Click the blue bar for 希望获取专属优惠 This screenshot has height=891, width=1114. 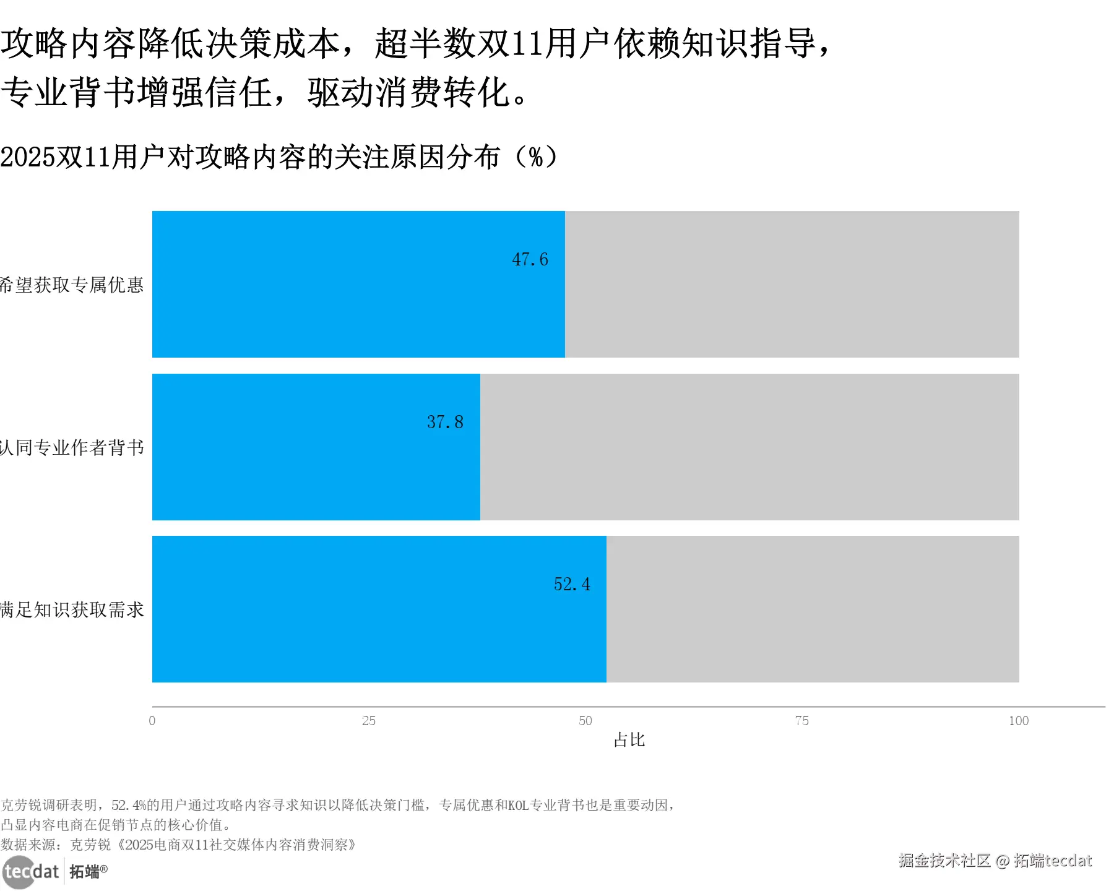pyautogui.click(x=358, y=284)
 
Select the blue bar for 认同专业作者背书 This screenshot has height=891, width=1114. pyautogui.click(x=316, y=447)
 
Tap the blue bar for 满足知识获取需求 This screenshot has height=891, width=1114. pyautogui.click(x=379, y=609)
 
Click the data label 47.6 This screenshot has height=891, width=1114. pyautogui.click(x=530, y=259)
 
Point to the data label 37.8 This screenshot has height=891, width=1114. pyautogui.click(x=445, y=422)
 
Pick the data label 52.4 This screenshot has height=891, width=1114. pyautogui.click(x=572, y=584)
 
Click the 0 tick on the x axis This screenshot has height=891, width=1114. pyautogui.click(x=152, y=721)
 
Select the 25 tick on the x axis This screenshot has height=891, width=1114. pyautogui.click(x=369, y=721)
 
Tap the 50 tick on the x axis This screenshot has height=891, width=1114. pyautogui.click(x=585, y=721)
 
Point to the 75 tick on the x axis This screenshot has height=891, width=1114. pyautogui.click(x=802, y=721)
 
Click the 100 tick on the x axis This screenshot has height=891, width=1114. pyautogui.click(x=1019, y=721)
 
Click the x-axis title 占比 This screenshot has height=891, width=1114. pyautogui.click(x=629, y=740)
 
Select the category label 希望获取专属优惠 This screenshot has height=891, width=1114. pyautogui.click(x=72, y=285)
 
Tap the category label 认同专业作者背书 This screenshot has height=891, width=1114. pyautogui.click(x=72, y=447)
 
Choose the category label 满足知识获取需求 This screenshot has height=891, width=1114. pyautogui.click(x=72, y=610)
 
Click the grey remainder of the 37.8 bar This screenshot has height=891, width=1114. pyautogui.click(x=749, y=447)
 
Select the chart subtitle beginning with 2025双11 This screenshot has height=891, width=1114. pyautogui.click(x=278, y=157)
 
